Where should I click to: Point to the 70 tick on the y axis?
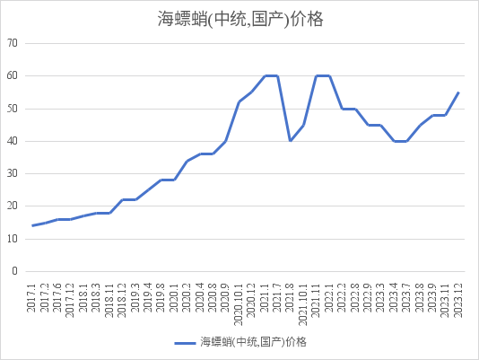[x=12, y=43]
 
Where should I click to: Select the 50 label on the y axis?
[x=12, y=109]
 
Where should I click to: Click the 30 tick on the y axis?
[x=12, y=173]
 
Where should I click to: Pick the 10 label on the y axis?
[x=12, y=239]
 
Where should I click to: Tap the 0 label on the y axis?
[x=14, y=271]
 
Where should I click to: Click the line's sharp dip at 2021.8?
[x=291, y=140]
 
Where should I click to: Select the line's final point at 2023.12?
[x=458, y=92]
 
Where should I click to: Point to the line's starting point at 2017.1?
[x=33, y=225]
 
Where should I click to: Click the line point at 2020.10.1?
[x=239, y=102]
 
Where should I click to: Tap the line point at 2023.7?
[x=406, y=141]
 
